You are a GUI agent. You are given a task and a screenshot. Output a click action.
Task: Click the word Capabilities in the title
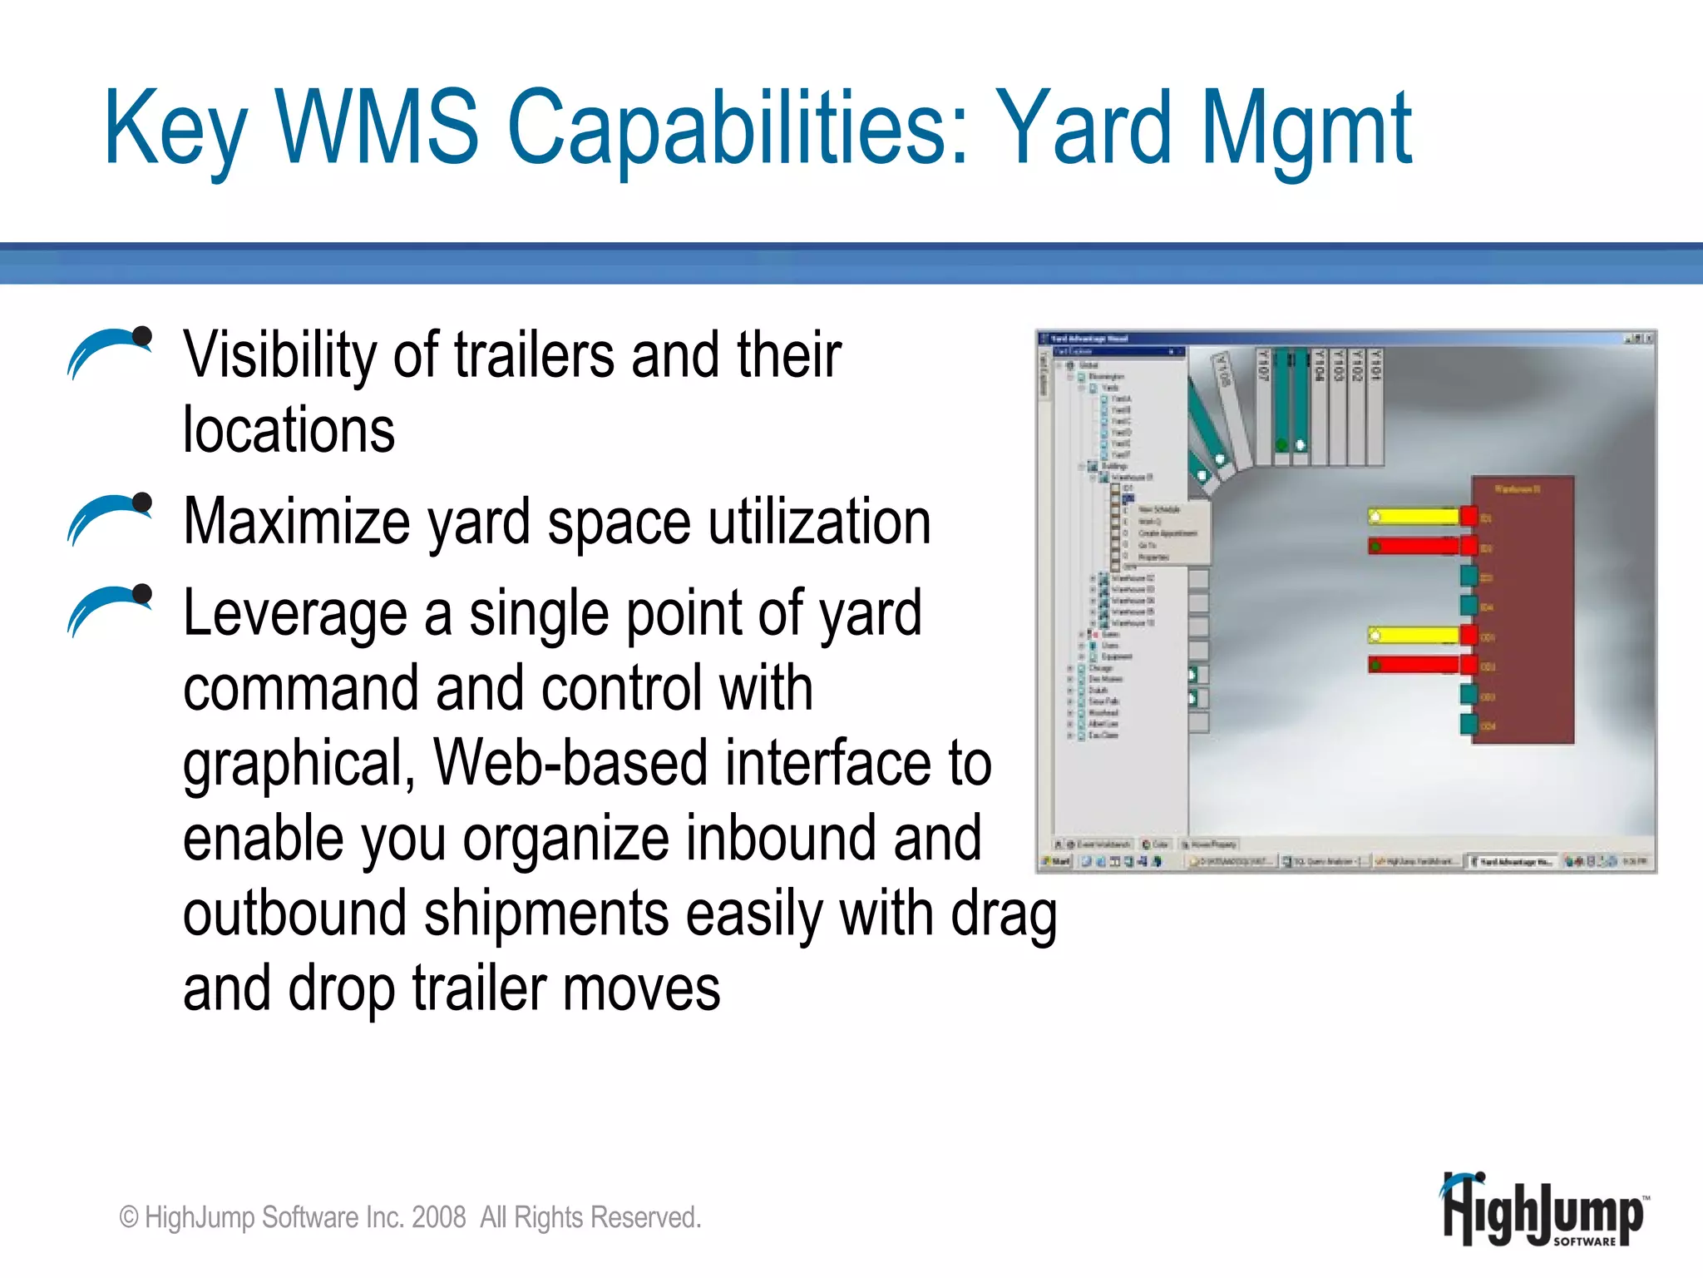738,129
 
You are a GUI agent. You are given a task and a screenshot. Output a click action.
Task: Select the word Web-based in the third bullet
570,763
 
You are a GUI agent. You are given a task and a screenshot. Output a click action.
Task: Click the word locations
289,430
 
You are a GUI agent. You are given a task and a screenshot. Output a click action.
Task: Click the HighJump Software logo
1543,1211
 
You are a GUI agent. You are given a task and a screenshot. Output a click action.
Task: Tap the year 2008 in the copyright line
438,1217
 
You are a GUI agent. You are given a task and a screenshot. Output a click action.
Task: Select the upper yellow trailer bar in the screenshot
1414,517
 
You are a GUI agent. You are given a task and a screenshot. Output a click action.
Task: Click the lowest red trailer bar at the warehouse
1414,665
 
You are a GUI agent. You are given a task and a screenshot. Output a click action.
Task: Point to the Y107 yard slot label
1262,366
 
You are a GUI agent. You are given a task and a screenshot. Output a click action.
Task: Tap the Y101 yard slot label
1375,366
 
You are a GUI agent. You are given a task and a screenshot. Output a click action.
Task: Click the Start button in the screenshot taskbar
1058,861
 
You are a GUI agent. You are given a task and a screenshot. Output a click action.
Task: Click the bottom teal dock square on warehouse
1469,724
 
